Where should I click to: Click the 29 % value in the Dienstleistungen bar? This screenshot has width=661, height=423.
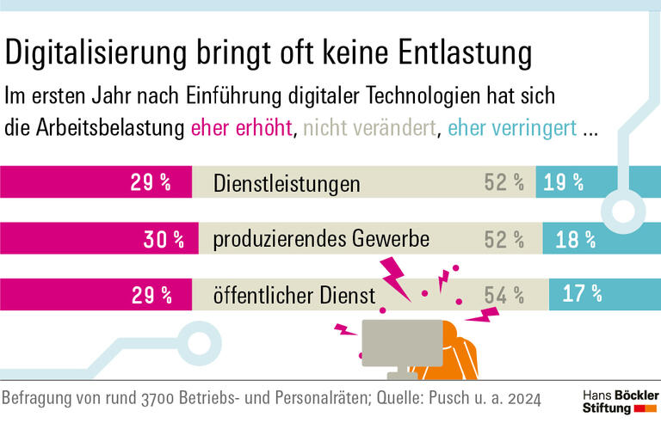point(150,182)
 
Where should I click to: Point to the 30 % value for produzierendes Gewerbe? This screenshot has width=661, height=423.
point(164,240)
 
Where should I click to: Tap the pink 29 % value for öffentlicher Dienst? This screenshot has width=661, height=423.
point(150,296)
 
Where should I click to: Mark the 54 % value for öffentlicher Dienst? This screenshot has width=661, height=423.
point(504,296)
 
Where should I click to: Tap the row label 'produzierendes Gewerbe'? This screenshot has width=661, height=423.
point(321,240)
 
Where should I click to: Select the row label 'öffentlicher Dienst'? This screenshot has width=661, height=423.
point(294,296)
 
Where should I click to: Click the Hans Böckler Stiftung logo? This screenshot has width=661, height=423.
point(615,400)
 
